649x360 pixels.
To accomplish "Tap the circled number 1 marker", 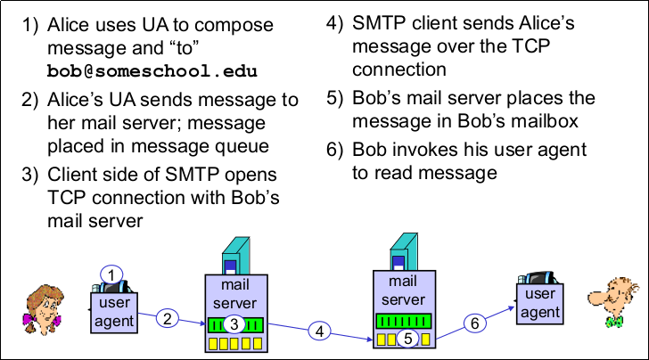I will coord(109,274).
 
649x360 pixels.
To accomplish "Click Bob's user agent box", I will coord(539,303).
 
